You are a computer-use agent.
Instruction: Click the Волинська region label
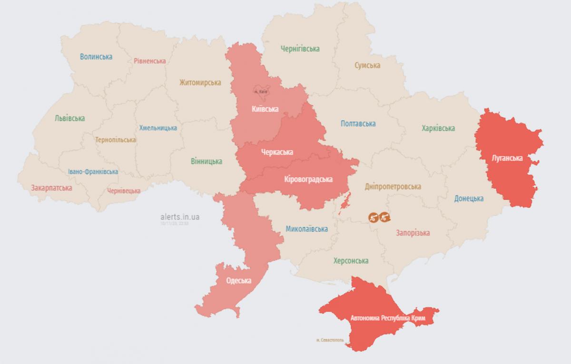click(96, 57)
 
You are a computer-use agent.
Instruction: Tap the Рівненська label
click(149, 61)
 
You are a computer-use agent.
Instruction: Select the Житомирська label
click(200, 82)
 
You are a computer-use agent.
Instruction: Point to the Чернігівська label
click(300, 48)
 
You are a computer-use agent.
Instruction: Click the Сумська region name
click(367, 65)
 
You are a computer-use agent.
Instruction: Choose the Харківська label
click(438, 128)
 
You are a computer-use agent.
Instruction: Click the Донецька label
click(469, 198)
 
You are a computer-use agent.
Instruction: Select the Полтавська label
click(358, 124)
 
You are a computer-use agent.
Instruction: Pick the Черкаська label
click(277, 152)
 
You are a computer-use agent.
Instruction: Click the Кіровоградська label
click(308, 179)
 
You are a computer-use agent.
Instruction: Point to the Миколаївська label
click(306, 229)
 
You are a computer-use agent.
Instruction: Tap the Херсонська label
click(351, 261)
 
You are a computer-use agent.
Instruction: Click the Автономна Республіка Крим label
click(388, 317)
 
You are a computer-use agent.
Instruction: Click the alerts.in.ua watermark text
click(180, 217)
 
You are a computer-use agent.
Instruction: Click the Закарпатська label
click(51, 188)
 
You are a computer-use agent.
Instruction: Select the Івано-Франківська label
click(93, 172)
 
